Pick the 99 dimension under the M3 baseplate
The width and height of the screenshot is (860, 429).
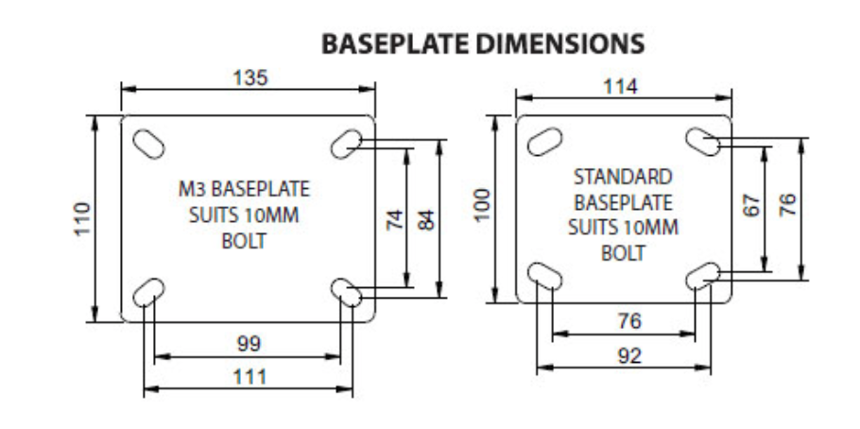click(x=249, y=342)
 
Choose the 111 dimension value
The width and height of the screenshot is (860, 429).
click(x=249, y=377)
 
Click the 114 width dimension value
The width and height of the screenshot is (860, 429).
click(x=621, y=85)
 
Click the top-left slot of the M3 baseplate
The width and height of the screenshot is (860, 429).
click(x=148, y=144)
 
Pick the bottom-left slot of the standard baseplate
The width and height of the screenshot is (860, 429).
click(x=546, y=275)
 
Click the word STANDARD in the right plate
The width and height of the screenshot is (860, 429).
click(x=623, y=177)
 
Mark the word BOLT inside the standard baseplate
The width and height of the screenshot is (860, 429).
click(x=623, y=253)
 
